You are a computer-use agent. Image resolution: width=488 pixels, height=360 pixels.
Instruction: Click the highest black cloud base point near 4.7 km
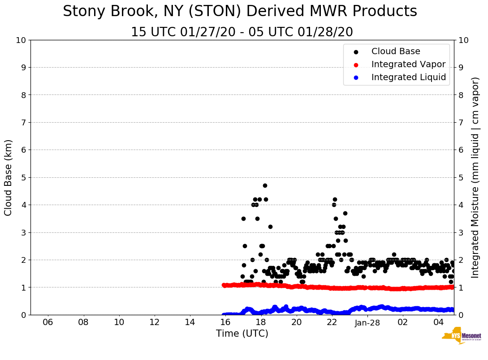click(265, 185)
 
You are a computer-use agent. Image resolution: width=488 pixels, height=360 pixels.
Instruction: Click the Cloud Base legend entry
click(396, 51)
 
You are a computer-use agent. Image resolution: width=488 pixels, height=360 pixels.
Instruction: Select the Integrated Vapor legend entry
click(408, 64)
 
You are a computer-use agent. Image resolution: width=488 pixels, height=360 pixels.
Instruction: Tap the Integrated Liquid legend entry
click(408, 77)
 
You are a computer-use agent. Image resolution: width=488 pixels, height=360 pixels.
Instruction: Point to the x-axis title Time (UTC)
click(242, 334)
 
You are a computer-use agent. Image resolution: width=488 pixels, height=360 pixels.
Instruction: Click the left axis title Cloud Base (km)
click(9, 177)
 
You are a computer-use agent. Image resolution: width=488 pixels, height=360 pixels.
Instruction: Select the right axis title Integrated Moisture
click(475, 177)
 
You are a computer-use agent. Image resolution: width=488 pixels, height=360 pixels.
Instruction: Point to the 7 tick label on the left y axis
click(23, 122)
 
